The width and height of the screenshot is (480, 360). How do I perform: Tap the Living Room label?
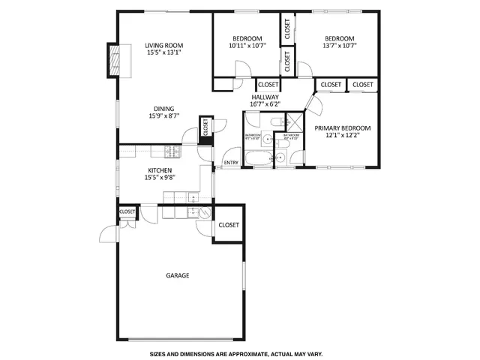[163, 46]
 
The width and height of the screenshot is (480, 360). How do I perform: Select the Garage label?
[177, 275]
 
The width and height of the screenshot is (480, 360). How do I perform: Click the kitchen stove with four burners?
[172, 152]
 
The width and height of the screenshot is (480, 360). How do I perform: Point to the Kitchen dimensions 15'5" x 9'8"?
[159, 178]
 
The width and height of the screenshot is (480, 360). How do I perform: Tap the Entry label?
[232, 163]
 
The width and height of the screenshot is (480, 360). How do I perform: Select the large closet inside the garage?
[228, 225]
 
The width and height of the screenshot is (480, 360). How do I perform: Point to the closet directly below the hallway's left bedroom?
[268, 85]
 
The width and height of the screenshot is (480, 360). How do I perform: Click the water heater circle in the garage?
[201, 213]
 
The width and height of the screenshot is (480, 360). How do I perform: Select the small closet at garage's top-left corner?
[127, 212]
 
